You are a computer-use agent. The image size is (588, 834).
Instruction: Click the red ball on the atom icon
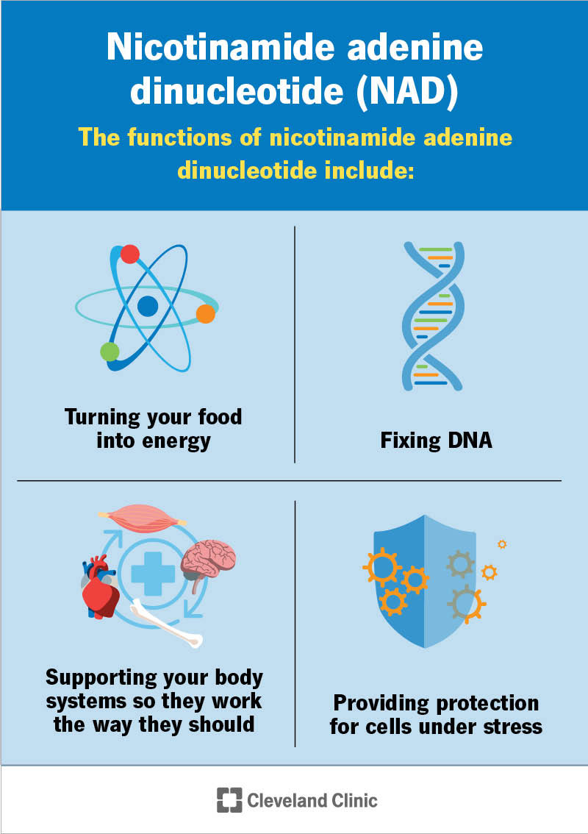point(130,254)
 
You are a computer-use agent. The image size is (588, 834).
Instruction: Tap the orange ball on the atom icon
point(206,314)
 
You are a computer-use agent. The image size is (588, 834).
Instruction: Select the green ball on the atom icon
point(110,352)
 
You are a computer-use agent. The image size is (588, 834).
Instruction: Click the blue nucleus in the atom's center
point(148,306)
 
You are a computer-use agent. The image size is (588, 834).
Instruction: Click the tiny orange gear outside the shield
point(502,544)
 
